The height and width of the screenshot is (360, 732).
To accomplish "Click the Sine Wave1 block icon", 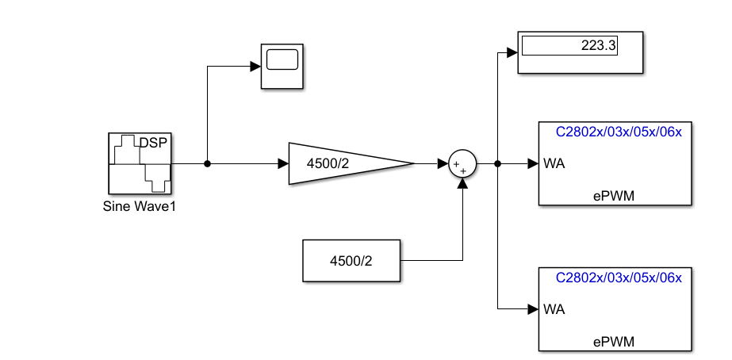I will tap(140, 163).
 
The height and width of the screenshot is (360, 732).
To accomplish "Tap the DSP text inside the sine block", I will tap(155, 143).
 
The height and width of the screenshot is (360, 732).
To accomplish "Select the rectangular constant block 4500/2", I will tap(351, 260).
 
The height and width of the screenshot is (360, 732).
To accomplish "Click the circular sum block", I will tap(462, 164).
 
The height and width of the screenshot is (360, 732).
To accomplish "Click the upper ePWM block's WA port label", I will tap(554, 164).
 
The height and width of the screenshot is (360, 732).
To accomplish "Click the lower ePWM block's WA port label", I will tap(554, 308).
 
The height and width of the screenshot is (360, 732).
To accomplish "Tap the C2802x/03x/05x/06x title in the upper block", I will tap(618, 132).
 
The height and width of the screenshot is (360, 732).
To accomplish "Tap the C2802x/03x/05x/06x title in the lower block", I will tap(618, 278).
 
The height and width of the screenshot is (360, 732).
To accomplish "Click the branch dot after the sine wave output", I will tap(207, 164).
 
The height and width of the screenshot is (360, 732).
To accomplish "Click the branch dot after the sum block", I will tap(497, 164).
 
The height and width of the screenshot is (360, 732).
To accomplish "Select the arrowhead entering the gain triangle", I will tap(282, 164).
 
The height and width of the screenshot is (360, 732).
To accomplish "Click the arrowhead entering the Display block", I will tap(512, 53).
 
